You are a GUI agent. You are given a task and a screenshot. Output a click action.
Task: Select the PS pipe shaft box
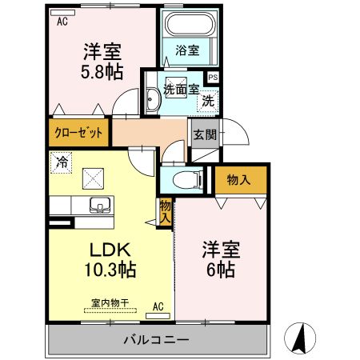pyautogui.click(x=213, y=77)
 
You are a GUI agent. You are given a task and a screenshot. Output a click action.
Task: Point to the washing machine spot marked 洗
pyautogui.click(x=208, y=102)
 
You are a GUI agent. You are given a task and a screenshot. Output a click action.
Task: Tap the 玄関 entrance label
pyautogui.click(x=204, y=134)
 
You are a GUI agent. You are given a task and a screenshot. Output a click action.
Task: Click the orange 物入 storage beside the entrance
pyautogui.click(x=239, y=180)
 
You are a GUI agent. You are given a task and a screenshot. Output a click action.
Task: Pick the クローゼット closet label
pyautogui.click(x=79, y=133)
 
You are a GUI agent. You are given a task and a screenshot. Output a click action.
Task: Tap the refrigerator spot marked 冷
pyautogui.click(x=61, y=162)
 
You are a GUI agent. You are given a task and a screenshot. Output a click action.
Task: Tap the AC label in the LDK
pyautogui.click(x=158, y=306)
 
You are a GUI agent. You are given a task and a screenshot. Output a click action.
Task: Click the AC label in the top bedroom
pyautogui.click(x=62, y=22)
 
